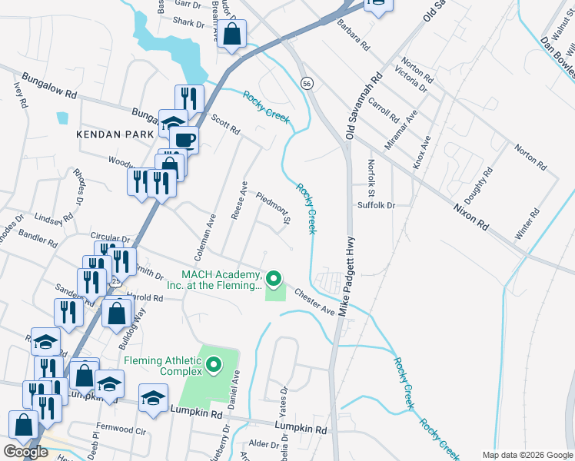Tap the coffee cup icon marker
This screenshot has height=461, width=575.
tap(184, 139)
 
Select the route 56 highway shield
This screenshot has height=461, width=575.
tap(307, 84)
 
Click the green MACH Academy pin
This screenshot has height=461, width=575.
tap(273, 277)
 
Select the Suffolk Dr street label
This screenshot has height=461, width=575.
tap(375, 205)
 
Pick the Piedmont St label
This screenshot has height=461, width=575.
tap(272, 209)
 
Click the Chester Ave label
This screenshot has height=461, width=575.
tap(314, 302)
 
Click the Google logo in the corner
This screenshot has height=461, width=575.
tap(25, 452)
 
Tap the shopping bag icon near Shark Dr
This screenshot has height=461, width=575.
tap(231, 35)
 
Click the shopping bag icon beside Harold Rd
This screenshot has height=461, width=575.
tap(116, 313)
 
